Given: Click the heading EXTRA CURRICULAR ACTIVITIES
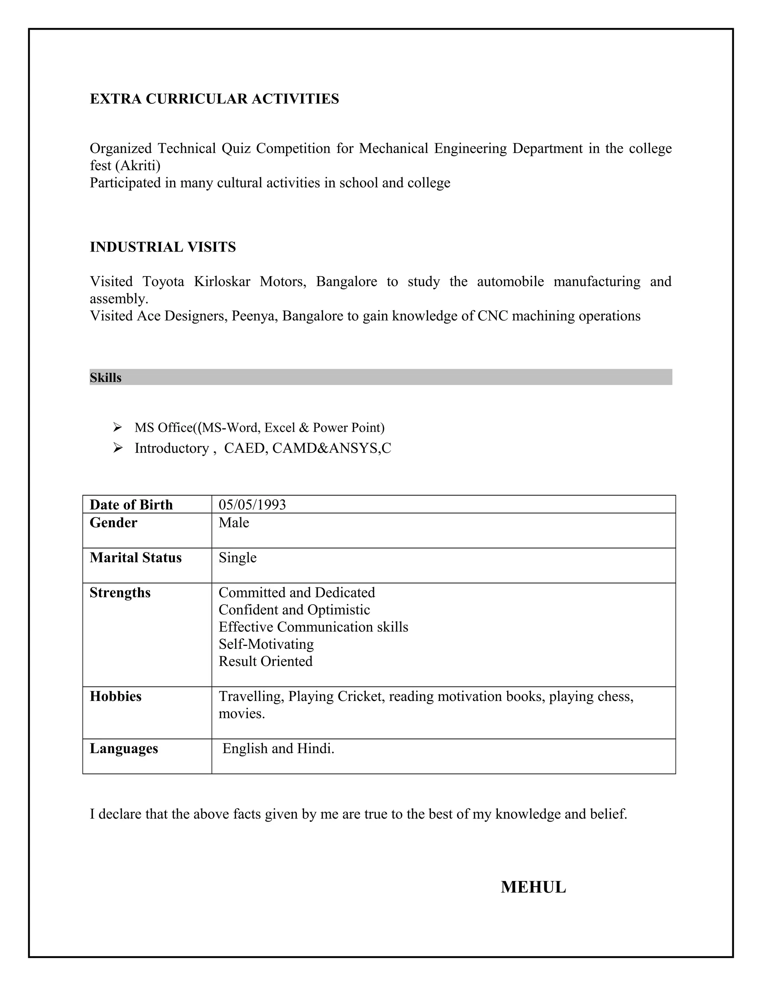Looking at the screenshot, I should coord(214,99).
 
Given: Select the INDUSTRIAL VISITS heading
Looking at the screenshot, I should coord(163,247).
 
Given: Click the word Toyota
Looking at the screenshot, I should coord(163,282).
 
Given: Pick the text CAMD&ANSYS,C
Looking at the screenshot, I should coord(332,448).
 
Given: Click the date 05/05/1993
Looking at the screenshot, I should coord(252,505).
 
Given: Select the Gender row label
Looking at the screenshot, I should coord(113,523).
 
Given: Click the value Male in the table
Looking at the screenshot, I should coord(234,523).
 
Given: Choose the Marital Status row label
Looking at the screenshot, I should coord(135,558).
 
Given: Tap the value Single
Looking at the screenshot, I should coord(237,558).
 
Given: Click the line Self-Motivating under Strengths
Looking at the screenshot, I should coord(266,644).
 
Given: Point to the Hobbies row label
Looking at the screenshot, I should coord(116,696).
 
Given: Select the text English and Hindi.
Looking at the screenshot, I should coord(278,749).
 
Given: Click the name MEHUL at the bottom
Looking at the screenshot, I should coord(533,887).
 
